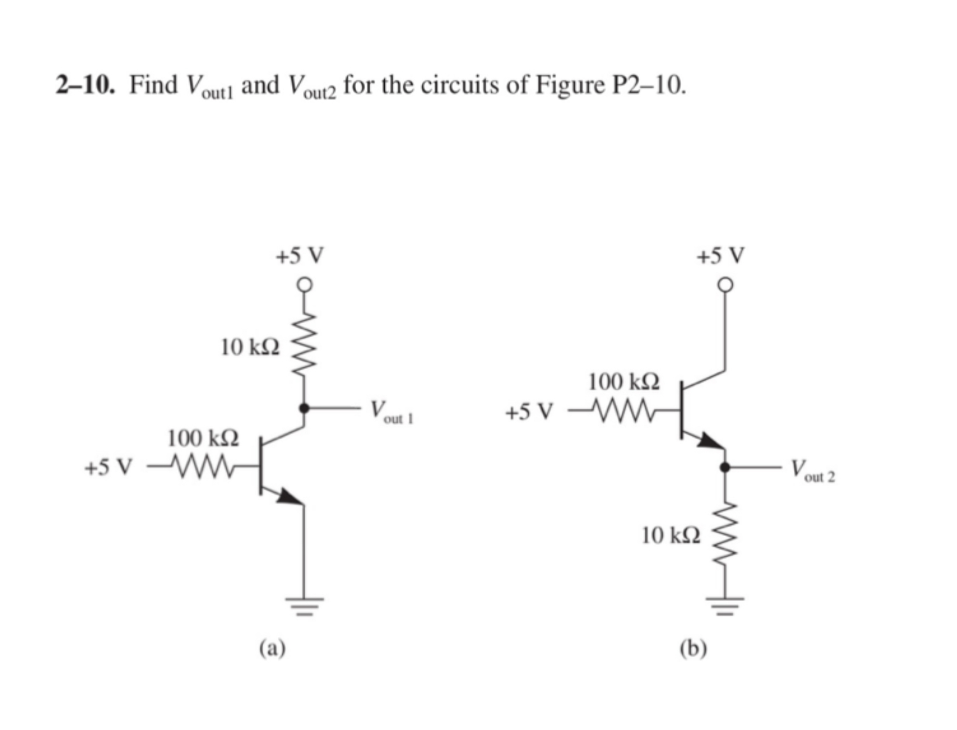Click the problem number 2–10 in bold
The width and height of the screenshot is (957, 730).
tap(85, 85)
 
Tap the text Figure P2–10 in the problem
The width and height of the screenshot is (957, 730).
tap(610, 85)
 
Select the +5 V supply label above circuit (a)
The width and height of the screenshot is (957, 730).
tap(299, 256)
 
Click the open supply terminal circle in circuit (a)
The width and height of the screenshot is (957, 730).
tap(305, 284)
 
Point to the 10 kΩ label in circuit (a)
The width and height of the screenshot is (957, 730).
tap(250, 347)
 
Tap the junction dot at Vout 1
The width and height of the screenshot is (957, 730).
tap(305, 408)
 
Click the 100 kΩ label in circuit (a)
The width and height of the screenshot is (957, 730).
tap(203, 439)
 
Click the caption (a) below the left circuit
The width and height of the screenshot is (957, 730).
tap(272, 648)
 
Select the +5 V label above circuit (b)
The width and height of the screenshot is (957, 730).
tap(720, 256)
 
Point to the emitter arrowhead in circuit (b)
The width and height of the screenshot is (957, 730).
tap(710, 441)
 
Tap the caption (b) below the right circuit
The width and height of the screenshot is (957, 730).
tap(693, 648)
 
